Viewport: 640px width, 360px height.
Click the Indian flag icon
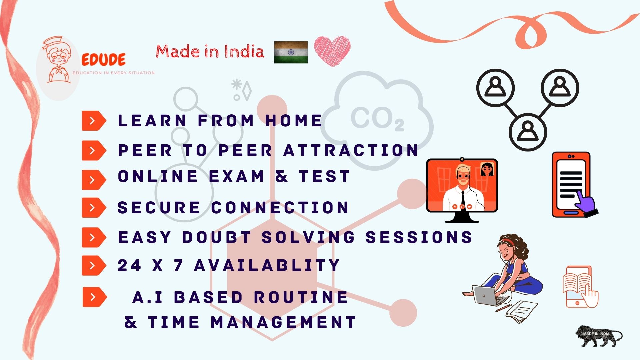click(x=291, y=52)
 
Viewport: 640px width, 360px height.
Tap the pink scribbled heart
click(x=332, y=51)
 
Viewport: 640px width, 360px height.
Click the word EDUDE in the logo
click(x=104, y=60)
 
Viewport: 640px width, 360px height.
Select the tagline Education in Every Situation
click(x=114, y=73)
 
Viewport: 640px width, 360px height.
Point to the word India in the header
click(x=244, y=52)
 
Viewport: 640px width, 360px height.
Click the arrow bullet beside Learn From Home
click(x=94, y=120)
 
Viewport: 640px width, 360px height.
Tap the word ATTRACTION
click(x=351, y=150)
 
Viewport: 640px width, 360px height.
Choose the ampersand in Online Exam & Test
click(x=282, y=176)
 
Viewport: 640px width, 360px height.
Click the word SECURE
click(x=159, y=208)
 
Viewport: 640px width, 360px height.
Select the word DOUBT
click(x=217, y=237)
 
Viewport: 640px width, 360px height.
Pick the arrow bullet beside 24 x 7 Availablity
click(x=94, y=265)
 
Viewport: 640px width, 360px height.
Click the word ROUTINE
click(x=301, y=297)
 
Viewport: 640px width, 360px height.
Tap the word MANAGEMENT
click(x=284, y=322)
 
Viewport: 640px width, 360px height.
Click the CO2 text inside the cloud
click(x=377, y=119)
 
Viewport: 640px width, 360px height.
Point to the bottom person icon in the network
click(x=528, y=132)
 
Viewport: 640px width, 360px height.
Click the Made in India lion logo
click(x=599, y=336)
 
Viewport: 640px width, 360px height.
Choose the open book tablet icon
click(x=580, y=287)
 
